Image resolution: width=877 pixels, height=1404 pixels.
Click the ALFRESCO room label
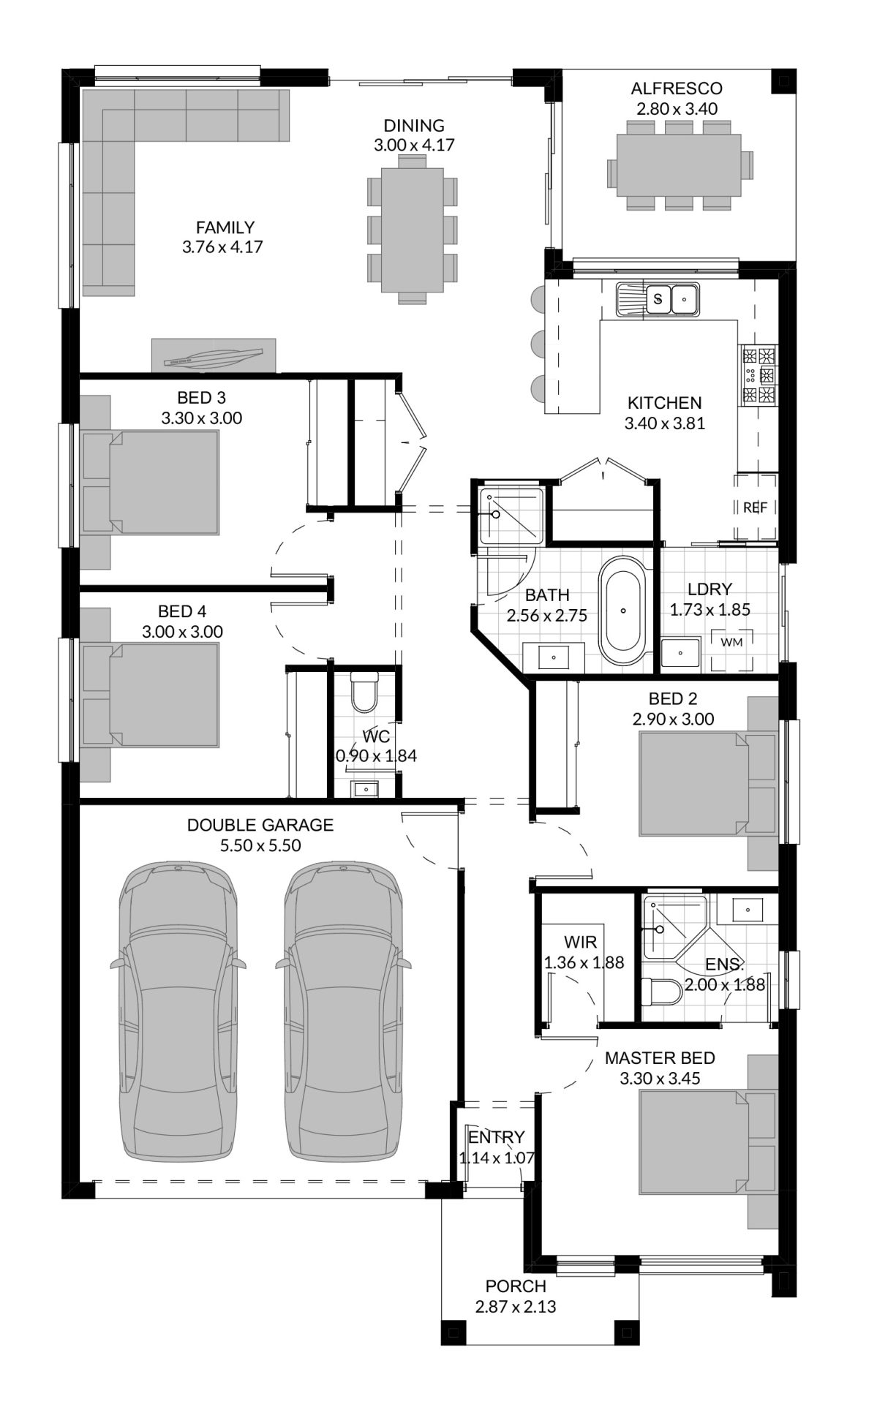click(x=677, y=88)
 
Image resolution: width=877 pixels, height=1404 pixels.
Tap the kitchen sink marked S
click(x=658, y=299)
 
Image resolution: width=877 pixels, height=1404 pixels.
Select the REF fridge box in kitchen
click(x=755, y=507)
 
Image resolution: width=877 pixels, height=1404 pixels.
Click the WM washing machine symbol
click(x=731, y=642)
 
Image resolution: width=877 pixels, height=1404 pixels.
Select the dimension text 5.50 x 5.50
click(x=260, y=845)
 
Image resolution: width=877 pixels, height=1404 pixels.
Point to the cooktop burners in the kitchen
click(x=759, y=376)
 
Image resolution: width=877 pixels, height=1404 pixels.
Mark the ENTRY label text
click(x=497, y=1137)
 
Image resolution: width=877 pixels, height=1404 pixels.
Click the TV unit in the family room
click(x=214, y=355)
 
